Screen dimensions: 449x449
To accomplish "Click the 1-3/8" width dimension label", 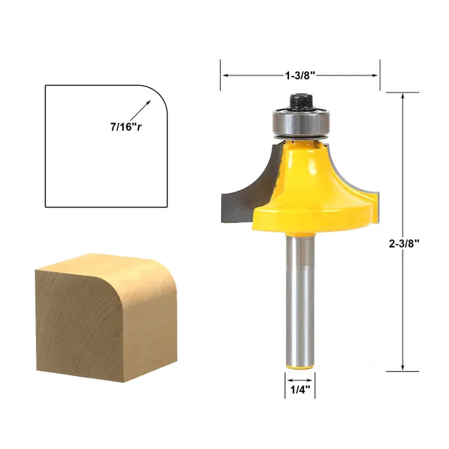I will (300, 74).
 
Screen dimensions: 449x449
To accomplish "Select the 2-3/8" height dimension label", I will (404, 242).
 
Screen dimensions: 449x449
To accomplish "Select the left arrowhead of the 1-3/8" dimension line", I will (224, 74).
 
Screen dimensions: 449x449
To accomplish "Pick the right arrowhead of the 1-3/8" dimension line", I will (377, 74).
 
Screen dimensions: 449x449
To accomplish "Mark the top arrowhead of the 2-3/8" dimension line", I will (404, 97).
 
